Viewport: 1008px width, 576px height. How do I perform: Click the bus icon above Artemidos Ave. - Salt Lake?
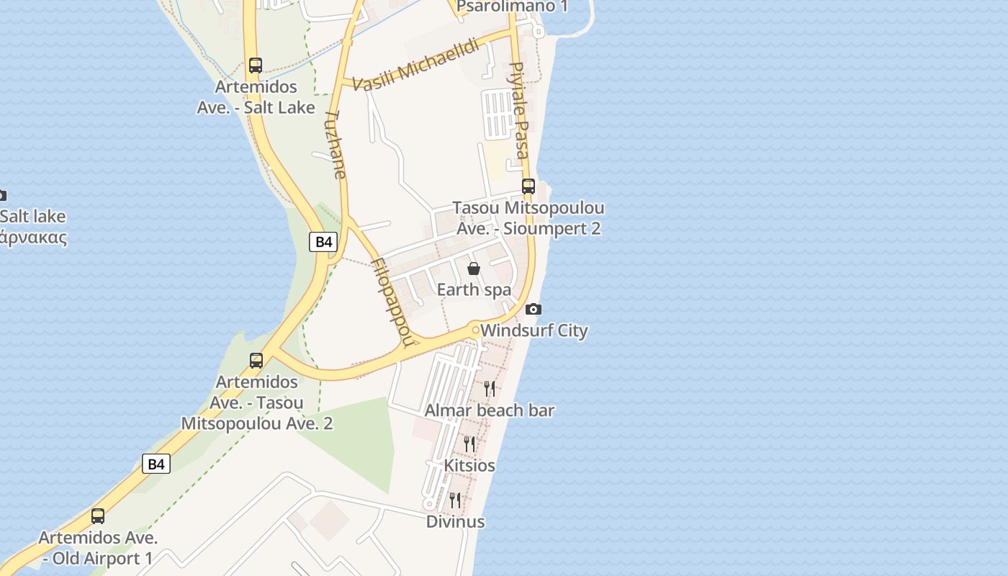pos(256,66)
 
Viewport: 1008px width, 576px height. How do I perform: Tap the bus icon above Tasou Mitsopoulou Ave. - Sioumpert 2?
pos(528,186)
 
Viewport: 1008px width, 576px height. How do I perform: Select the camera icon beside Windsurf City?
pos(533,310)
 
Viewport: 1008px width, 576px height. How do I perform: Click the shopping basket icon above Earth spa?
pos(474,269)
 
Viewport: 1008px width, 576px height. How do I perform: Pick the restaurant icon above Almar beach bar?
pos(490,389)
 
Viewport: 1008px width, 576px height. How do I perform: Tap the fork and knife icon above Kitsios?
pos(469,444)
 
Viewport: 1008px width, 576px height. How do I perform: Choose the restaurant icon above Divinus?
pos(455,500)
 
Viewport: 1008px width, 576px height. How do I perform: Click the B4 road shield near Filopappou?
pos(323,242)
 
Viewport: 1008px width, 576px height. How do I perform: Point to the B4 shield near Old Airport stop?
pos(156,464)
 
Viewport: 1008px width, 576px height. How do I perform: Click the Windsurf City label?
pos(534,331)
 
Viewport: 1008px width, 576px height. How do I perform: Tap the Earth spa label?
pos(474,289)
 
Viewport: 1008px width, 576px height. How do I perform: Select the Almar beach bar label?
pos(490,410)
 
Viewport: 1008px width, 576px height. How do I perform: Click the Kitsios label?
pos(469,466)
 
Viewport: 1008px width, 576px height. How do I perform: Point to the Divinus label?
pos(455,521)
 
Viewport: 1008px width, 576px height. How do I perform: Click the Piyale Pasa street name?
pos(518,110)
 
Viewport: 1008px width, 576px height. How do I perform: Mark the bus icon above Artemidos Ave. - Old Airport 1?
pos(98,516)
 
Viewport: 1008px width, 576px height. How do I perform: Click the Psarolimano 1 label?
pos(512,6)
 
